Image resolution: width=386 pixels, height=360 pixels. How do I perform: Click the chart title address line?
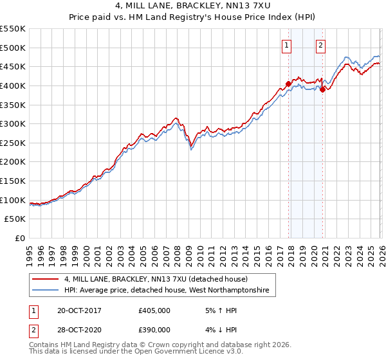click(x=193, y=6)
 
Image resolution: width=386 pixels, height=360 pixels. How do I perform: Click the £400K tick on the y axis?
click(x=13, y=85)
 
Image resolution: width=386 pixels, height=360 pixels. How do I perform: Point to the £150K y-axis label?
click(x=13, y=181)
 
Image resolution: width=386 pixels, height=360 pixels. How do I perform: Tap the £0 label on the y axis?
click(x=20, y=238)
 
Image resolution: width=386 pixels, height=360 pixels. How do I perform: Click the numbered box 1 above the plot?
click(x=286, y=45)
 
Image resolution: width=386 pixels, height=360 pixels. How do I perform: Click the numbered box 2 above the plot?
click(x=320, y=45)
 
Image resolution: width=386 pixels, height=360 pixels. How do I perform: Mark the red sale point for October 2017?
click(x=288, y=84)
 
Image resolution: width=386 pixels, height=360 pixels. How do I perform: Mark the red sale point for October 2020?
click(x=322, y=89)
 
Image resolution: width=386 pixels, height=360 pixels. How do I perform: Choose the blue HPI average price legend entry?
click(x=170, y=291)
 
